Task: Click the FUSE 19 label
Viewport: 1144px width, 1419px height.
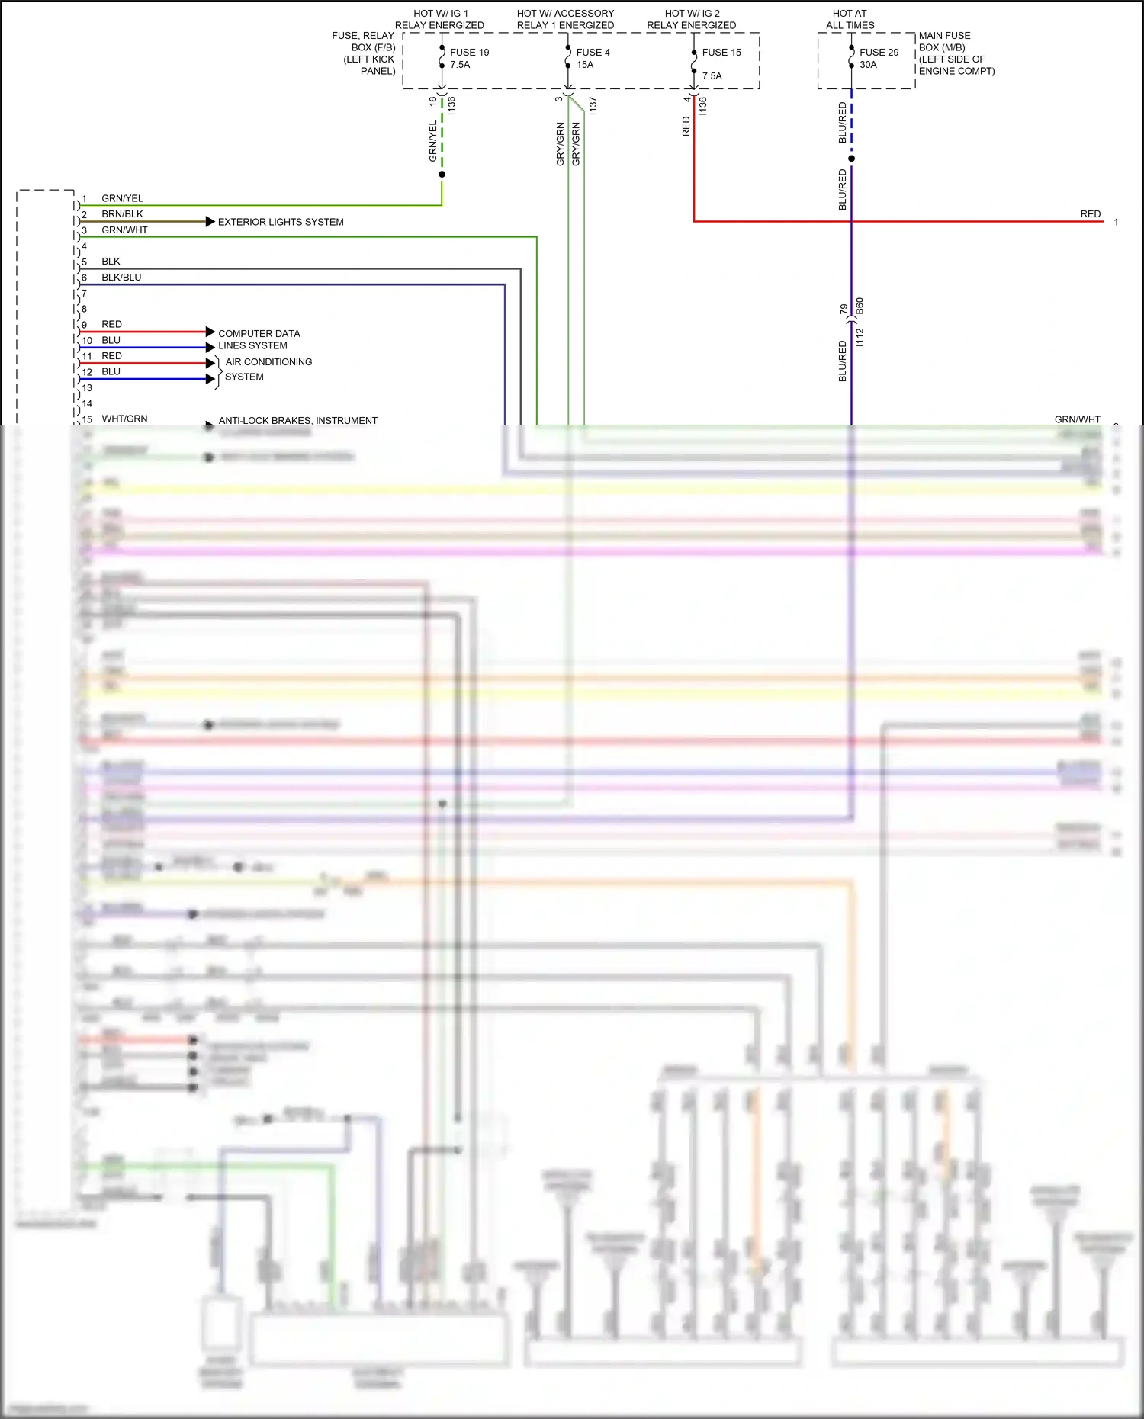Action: pyautogui.click(x=469, y=53)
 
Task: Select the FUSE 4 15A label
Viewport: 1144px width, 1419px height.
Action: pyautogui.click(x=593, y=58)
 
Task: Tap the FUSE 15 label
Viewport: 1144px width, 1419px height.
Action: pyautogui.click(x=721, y=53)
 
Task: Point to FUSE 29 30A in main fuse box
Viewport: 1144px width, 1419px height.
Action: pyautogui.click(x=879, y=58)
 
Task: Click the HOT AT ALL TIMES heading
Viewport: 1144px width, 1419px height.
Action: pyautogui.click(x=850, y=19)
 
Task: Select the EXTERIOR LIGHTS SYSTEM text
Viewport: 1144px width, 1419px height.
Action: pyautogui.click(x=281, y=222)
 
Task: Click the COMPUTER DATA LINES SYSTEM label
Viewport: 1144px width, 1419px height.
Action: pyautogui.click(x=259, y=339)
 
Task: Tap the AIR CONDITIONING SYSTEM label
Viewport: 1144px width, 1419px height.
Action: pyautogui.click(x=268, y=369)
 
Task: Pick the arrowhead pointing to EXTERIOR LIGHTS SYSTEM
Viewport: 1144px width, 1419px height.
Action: pyautogui.click(x=210, y=222)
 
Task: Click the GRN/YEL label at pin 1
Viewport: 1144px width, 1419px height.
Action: pyautogui.click(x=122, y=198)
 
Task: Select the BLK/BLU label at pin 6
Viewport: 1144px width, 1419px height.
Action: pyautogui.click(x=121, y=278)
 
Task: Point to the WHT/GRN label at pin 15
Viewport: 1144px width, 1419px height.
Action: pyautogui.click(x=124, y=419)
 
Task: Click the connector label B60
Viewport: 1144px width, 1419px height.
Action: pyautogui.click(x=860, y=307)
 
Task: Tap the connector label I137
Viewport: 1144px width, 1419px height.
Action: pyautogui.click(x=593, y=106)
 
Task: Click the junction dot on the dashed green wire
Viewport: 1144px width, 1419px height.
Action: pyautogui.click(x=442, y=175)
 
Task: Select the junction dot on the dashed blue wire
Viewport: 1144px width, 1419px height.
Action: pyautogui.click(x=851, y=159)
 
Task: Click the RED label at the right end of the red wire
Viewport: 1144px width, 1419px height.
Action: pyautogui.click(x=1090, y=214)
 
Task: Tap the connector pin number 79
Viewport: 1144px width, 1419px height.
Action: pyautogui.click(x=844, y=309)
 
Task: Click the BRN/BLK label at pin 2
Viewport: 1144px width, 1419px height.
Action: pyautogui.click(x=122, y=214)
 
